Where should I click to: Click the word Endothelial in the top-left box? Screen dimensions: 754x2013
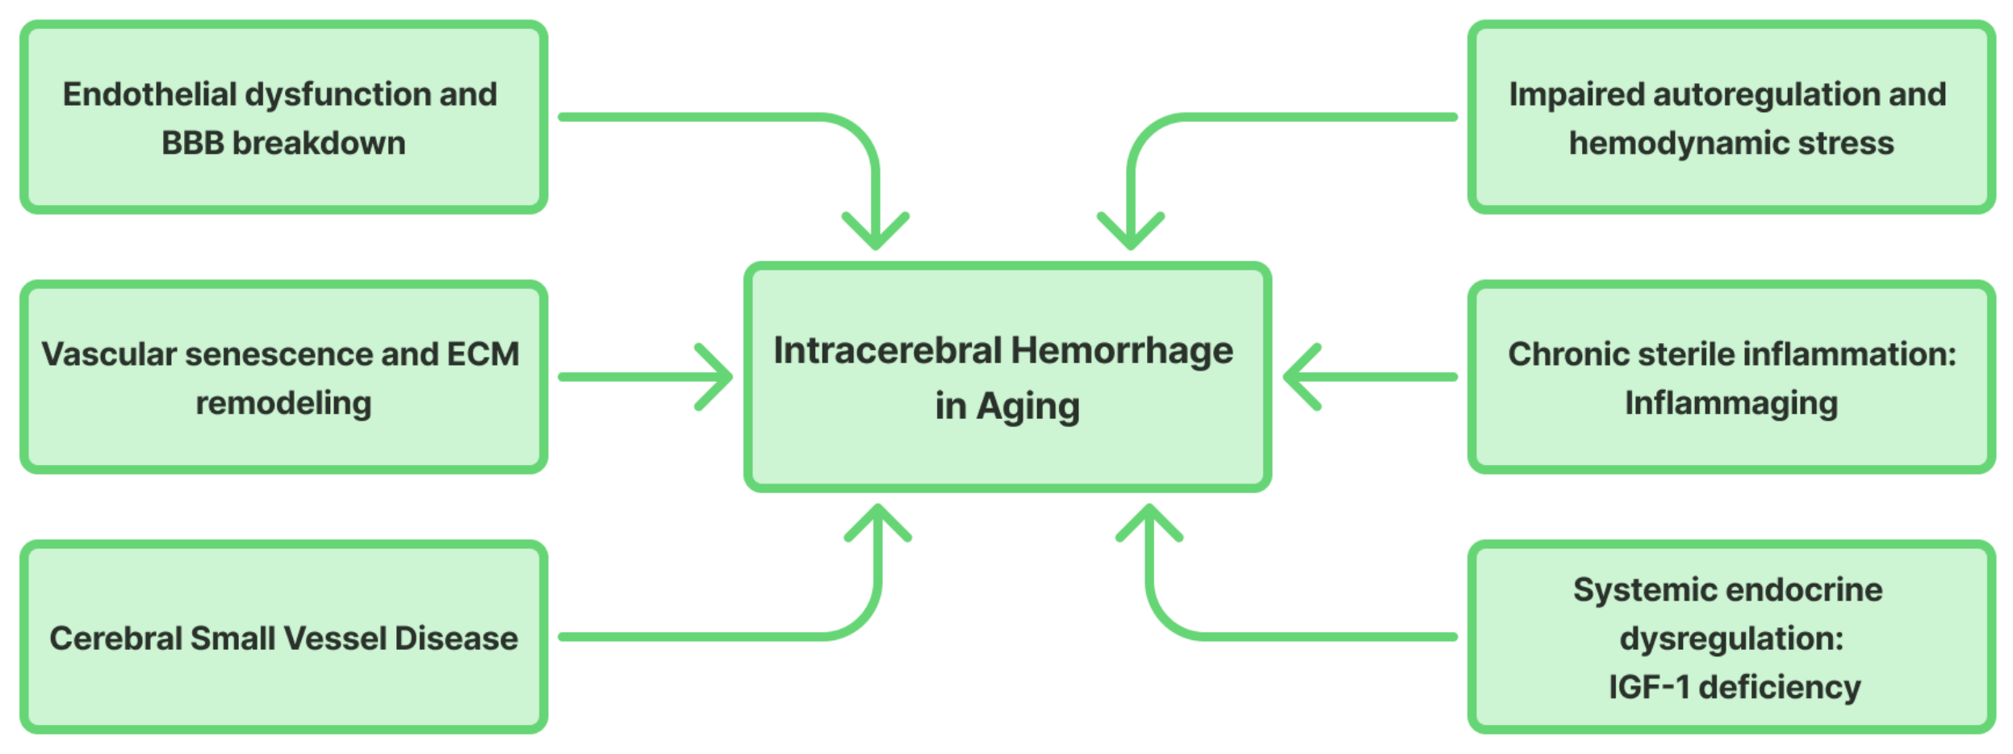(149, 94)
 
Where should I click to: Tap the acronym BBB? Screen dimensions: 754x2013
(192, 144)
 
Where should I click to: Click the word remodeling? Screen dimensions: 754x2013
(283, 403)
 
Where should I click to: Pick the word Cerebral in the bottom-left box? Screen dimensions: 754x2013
(115, 639)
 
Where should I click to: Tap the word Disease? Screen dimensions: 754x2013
(456, 639)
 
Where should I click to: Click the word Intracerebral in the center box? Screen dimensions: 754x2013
(887, 351)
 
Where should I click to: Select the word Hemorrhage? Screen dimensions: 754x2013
(1122, 351)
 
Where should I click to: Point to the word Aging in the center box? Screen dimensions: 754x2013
(1027, 407)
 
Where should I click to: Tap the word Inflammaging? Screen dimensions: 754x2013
(1731, 403)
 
